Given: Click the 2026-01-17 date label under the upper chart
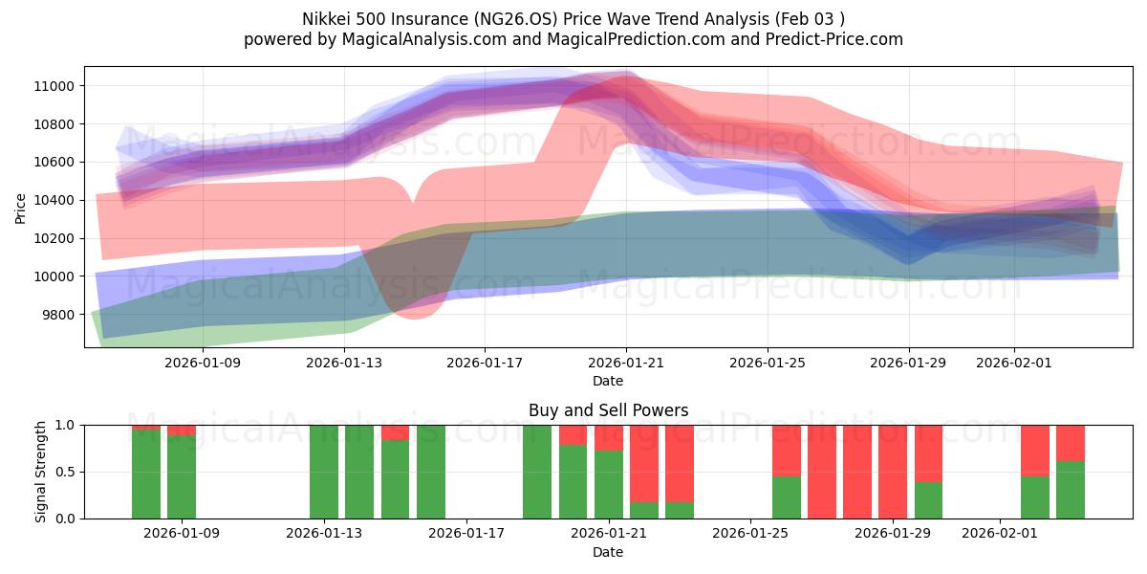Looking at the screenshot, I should point(485,363).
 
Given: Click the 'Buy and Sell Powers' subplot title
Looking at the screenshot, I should point(608,410).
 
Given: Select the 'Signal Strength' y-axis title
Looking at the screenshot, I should point(42,472).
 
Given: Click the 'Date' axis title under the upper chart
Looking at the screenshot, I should point(608,381).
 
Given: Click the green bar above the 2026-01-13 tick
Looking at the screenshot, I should point(324,472).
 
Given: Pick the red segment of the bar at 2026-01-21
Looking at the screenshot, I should point(609,437).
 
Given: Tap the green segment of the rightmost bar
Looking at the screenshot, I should point(1071,490).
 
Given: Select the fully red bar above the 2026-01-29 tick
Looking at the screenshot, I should point(893,472).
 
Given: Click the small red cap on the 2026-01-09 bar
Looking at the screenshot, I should point(182,430).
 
